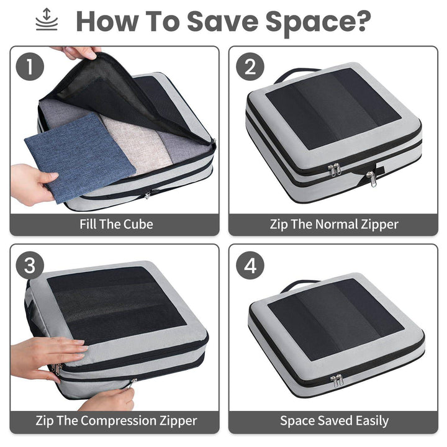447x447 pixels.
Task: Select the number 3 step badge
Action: (30, 266)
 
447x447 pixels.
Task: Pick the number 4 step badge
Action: (250, 266)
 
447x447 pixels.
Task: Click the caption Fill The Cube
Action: (116, 224)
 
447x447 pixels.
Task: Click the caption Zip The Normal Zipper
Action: (334, 224)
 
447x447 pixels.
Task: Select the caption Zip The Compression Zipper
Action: (116, 421)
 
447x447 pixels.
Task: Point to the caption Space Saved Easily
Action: (334, 421)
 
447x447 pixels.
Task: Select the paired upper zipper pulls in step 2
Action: (335, 169)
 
